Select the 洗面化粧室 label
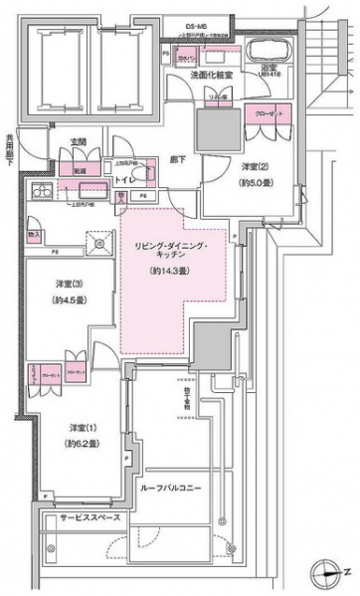(x=213, y=75)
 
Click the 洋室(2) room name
(x=256, y=166)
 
